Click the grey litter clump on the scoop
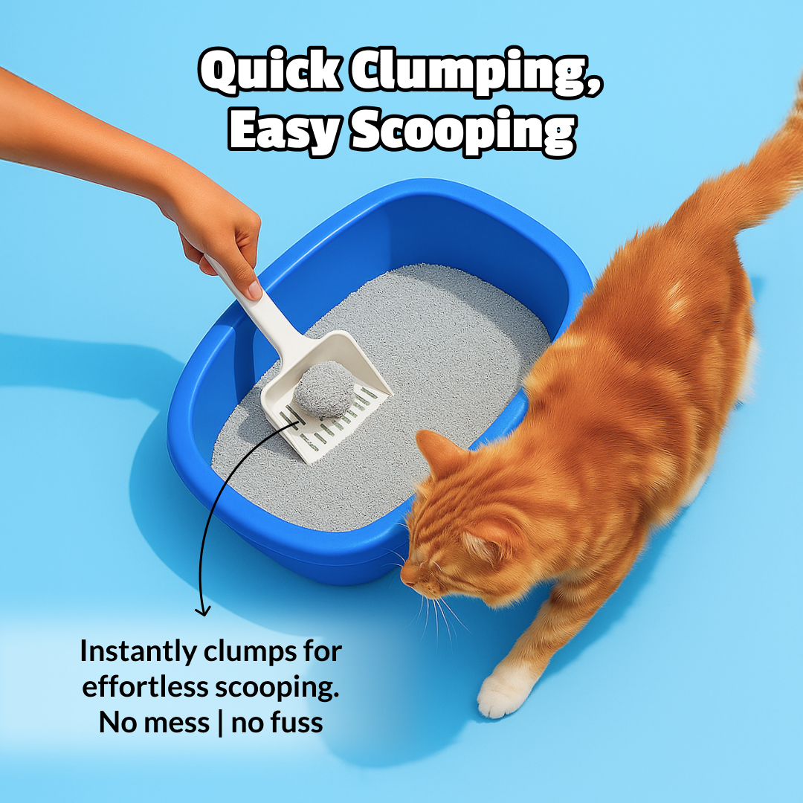[324, 388]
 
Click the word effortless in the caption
[146, 687]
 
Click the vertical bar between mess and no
[221, 722]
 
